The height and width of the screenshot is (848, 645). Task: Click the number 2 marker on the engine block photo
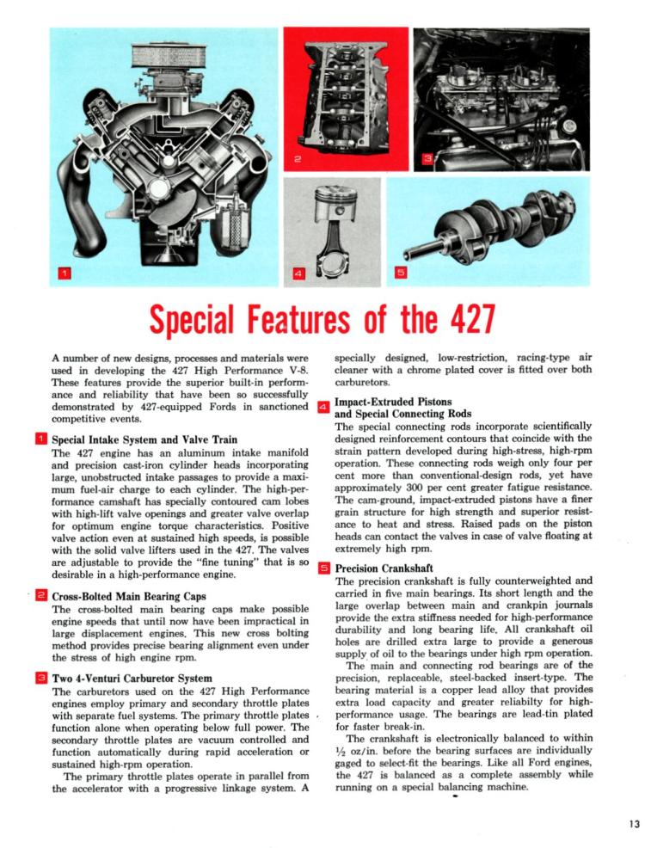point(296,159)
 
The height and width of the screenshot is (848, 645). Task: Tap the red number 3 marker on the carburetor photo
point(427,159)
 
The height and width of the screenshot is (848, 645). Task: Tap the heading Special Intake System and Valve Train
point(144,439)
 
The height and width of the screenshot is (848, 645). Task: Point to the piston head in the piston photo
point(335,207)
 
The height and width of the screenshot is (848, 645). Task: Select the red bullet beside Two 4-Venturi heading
point(40,679)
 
